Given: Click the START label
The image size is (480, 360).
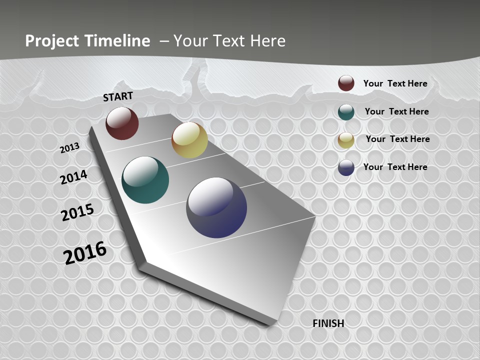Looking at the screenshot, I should [118, 96].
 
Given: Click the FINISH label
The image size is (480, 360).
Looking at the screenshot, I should [328, 323].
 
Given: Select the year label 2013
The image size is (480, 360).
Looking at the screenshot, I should [70, 147].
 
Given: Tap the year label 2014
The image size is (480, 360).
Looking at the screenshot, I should [73, 177].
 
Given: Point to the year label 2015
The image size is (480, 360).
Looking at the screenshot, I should [77, 212].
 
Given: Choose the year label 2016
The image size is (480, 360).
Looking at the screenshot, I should [85, 253].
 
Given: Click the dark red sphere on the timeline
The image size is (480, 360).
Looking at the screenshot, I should [122, 123].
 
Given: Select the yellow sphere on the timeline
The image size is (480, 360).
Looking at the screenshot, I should [189, 140].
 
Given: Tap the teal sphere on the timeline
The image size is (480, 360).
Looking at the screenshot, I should [145, 180].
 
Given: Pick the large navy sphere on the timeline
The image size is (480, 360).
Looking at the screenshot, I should [216, 207].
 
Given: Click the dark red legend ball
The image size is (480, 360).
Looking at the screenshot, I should [346, 83].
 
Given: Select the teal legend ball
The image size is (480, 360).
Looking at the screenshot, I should [346, 111].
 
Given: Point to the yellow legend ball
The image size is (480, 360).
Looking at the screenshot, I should [346, 139].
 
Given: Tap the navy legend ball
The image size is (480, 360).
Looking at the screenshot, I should [346, 167].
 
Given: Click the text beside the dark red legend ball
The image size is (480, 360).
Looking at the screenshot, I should [395, 83].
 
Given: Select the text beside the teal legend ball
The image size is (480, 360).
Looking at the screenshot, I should [396, 111].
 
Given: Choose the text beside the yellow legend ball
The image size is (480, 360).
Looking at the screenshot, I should [397, 139].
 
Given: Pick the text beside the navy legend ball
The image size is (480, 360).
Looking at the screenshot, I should [395, 167].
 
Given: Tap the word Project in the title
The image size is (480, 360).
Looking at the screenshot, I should [52, 41].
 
